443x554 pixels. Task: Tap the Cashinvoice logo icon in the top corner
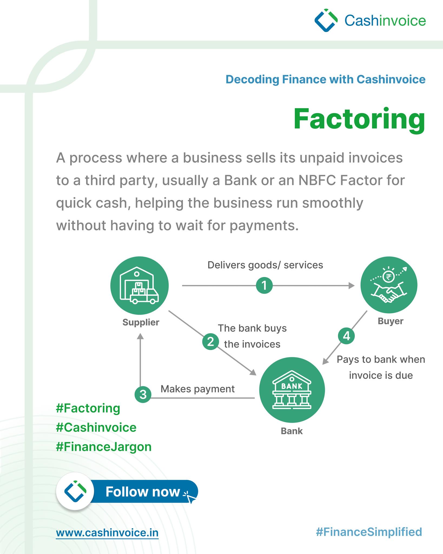click(x=326, y=20)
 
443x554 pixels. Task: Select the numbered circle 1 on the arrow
click(x=264, y=285)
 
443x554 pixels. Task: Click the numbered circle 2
click(x=210, y=342)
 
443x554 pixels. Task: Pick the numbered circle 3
click(x=143, y=394)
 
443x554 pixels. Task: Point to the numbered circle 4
click(x=346, y=336)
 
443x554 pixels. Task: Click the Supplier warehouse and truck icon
click(x=140, y=286)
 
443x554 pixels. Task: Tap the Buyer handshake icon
click(x=389, y=285)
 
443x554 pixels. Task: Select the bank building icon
click(x=292, y=390)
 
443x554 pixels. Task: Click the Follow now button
click(x=127, y=492)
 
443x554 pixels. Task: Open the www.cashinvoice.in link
click(x=107, y=533)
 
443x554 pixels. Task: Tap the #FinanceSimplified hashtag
click(x=369, y=532)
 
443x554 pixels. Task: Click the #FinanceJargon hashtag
click(x=104, y=447)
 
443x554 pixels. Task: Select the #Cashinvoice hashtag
click(x=96, y=428)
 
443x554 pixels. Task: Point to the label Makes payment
click(x=198, y=389)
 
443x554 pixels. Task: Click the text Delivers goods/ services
click(x=265, y=265)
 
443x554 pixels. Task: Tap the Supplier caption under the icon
click(x=141, y=322)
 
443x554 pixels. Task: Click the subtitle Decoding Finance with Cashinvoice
click(x=326, y=80)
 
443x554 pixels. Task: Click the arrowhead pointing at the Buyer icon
click(x=352, y=285)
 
